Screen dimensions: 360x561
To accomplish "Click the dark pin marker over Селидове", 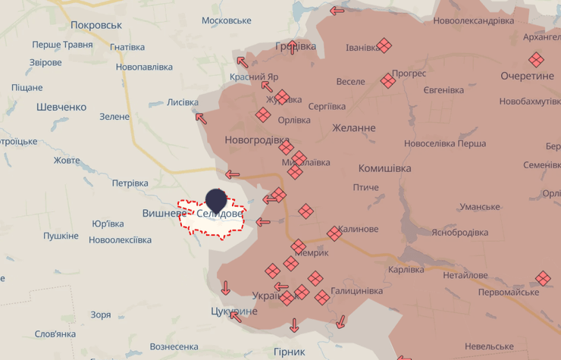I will click(216, 199).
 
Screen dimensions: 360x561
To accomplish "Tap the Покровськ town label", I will click(96, 25).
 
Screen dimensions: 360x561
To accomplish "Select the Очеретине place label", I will click(527, 76).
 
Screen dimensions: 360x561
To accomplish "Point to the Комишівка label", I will click(384, 167).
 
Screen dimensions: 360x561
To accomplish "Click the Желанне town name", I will click(353, 127).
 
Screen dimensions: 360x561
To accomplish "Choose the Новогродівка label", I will click(257, 140).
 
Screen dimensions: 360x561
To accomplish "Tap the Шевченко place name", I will click(61, 107).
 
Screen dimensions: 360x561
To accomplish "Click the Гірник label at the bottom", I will click(289, 352).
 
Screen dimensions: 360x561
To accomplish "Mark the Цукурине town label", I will click(234, 311).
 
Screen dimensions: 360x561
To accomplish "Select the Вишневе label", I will click(165, 214).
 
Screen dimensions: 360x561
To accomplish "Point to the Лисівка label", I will click(182, 102).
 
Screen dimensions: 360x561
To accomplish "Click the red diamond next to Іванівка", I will click(384, 45).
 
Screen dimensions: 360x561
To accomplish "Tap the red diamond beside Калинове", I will click(334, 233).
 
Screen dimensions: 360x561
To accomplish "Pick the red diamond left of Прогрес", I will click(387, 80).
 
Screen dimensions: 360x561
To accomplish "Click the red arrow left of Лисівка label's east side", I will click(201, 117).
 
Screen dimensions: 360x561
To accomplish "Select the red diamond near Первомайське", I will click(543, 278).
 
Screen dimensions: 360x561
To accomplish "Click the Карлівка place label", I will click(406, 269).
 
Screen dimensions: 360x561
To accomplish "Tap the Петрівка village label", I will click(130, 183).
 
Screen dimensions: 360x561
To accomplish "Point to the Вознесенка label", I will click(174, 346).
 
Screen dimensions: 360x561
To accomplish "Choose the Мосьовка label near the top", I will click(227, 20).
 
